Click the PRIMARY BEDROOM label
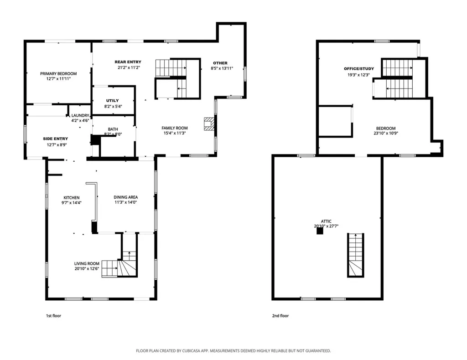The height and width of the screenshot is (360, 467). (x=58, y=74)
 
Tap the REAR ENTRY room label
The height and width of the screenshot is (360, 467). (x=128, y=62)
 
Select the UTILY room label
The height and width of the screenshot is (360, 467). (x=113, y=101)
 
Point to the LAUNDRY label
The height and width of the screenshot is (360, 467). (x=80, y=116)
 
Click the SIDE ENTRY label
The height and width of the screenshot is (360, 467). (x=56, y=139)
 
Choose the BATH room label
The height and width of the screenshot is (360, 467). (x=113, y=129)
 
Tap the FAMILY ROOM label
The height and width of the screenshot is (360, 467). (x=175, y=128)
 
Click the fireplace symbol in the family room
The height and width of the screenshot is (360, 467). (x=208, y=124)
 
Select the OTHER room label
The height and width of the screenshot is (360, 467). (x=220, y=63)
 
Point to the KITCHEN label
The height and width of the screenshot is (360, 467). (x=71, y=197)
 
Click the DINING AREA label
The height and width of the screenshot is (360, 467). (x=125, y=197)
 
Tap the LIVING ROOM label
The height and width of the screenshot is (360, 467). (x=87, y=263)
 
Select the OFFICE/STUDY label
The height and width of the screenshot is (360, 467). (x=359, y=68)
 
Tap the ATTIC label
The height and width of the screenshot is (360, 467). (x=326, y=221)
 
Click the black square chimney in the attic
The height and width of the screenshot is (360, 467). (x=320, y=231)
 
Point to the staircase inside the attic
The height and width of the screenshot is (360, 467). (x=356, y=255)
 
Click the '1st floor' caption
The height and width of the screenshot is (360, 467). (x=53, y=316)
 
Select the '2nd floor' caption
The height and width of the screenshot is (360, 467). (x=281, y=316)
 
